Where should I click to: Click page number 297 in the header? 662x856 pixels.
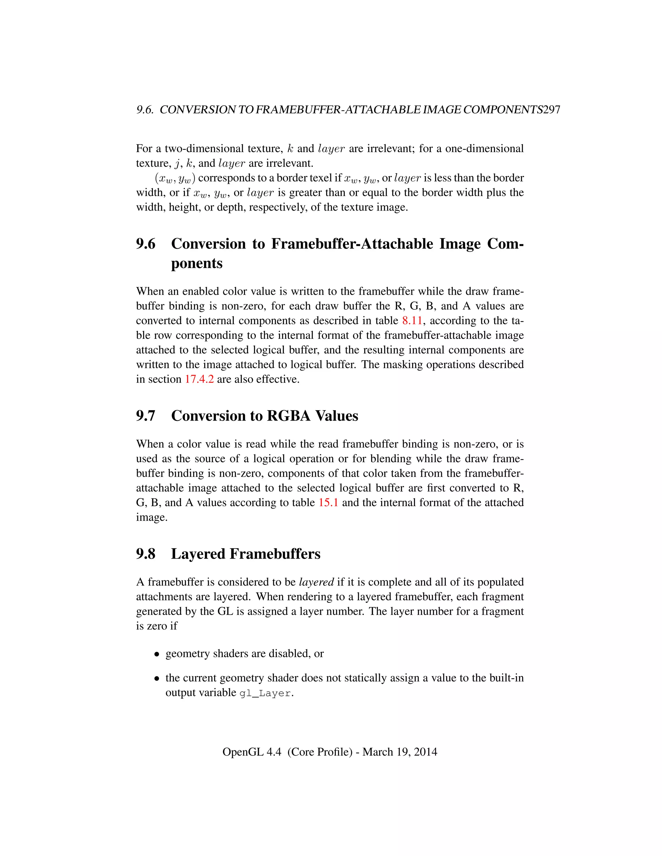(x=552, y=110)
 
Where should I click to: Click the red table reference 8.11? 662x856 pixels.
(x=412, y=321)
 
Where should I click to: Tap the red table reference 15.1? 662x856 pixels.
(x=328, y=503)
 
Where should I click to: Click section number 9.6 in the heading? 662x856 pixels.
(x=145, y=244)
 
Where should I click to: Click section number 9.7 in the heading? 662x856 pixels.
(x=145, y=416)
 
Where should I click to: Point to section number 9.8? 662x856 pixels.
(x=145, y=554)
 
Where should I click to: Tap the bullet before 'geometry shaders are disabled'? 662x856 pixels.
(x=156, y=654)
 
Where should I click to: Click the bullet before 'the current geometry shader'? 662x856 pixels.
(x=156, y=678)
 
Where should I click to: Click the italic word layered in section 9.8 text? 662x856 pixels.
(x=316, y=582)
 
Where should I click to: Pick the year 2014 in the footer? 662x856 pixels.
(x=425, y=752)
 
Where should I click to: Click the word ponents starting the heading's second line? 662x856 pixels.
(x=197, y=263)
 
